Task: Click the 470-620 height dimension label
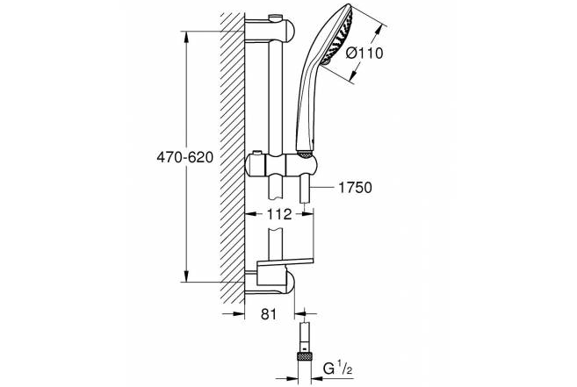click(x=185, y=157)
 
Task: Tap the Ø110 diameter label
click(x=364, y=54)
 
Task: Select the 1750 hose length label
click(x=355, y=188)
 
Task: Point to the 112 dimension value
click(x=279, y=214)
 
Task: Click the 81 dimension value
click(x=269, y=314)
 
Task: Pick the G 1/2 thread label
click(x=337, y=369)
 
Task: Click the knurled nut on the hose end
click(x=305, y=356)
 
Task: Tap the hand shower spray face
click(x=337, y=37)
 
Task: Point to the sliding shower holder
click(x=281, y=163)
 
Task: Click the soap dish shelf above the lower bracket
click(x=285, y=262)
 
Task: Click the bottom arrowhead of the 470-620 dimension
click(x=186, y=276)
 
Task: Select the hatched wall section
click(x=233, y=158)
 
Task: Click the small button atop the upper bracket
click(x=274, y=18)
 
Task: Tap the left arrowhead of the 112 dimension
click(x=250, y=213)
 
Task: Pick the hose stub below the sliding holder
click(x=305, y=189)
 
